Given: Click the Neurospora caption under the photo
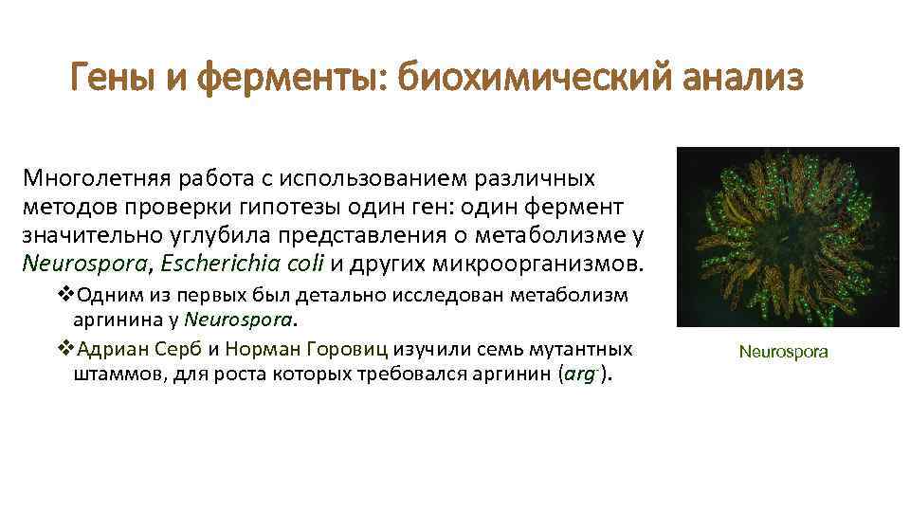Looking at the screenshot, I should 783,352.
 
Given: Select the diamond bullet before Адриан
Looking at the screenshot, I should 64,348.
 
